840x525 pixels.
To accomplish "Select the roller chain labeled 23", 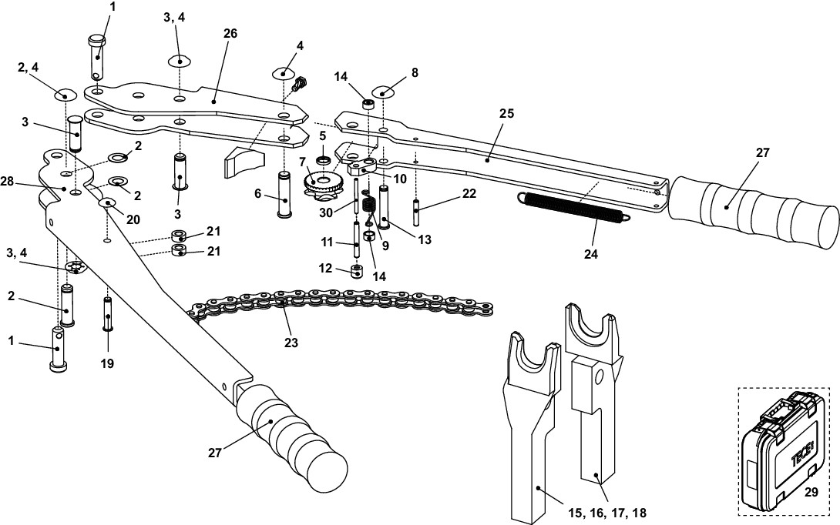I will [339, 303].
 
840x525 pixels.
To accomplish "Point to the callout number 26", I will [230, 33].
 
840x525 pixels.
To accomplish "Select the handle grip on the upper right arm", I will [751, 203].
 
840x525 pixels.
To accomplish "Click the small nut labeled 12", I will [356, 272].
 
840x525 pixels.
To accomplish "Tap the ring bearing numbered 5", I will [323, 162].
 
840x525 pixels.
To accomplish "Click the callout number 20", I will [133, 219].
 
